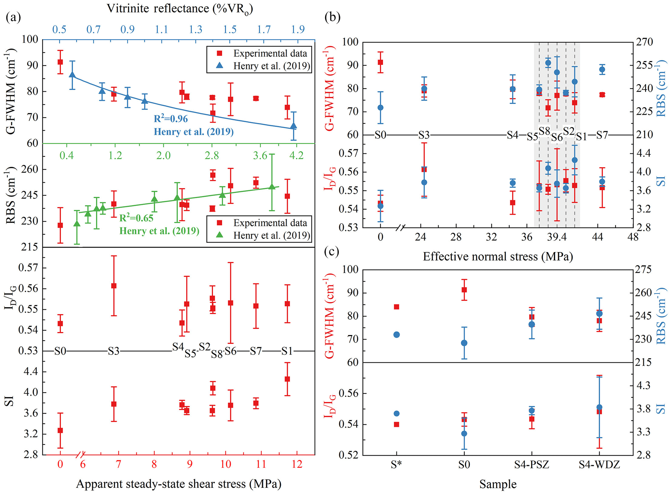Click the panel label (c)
pyautogui.click(x=332, y=252)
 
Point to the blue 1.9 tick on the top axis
pyautogui.click(x=298, y=30)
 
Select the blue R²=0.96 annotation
pyautogui.click(x=171, y=119)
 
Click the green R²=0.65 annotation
pyautogui.click(x=136, y=218)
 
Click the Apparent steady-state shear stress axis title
pyautogui.click(x=178, y=484)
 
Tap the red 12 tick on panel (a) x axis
pyautogui.click(x=297, y=464)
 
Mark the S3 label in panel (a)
pyautogui.click(x=114, y=351)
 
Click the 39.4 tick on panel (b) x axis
pyautogui.click(x=556, y=237)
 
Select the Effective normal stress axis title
pyautogui.click(x=498, y=257)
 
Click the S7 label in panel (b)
pyautogui.click(x=602, y=135)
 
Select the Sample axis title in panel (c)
pyautogui.click(x=498, y=484)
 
